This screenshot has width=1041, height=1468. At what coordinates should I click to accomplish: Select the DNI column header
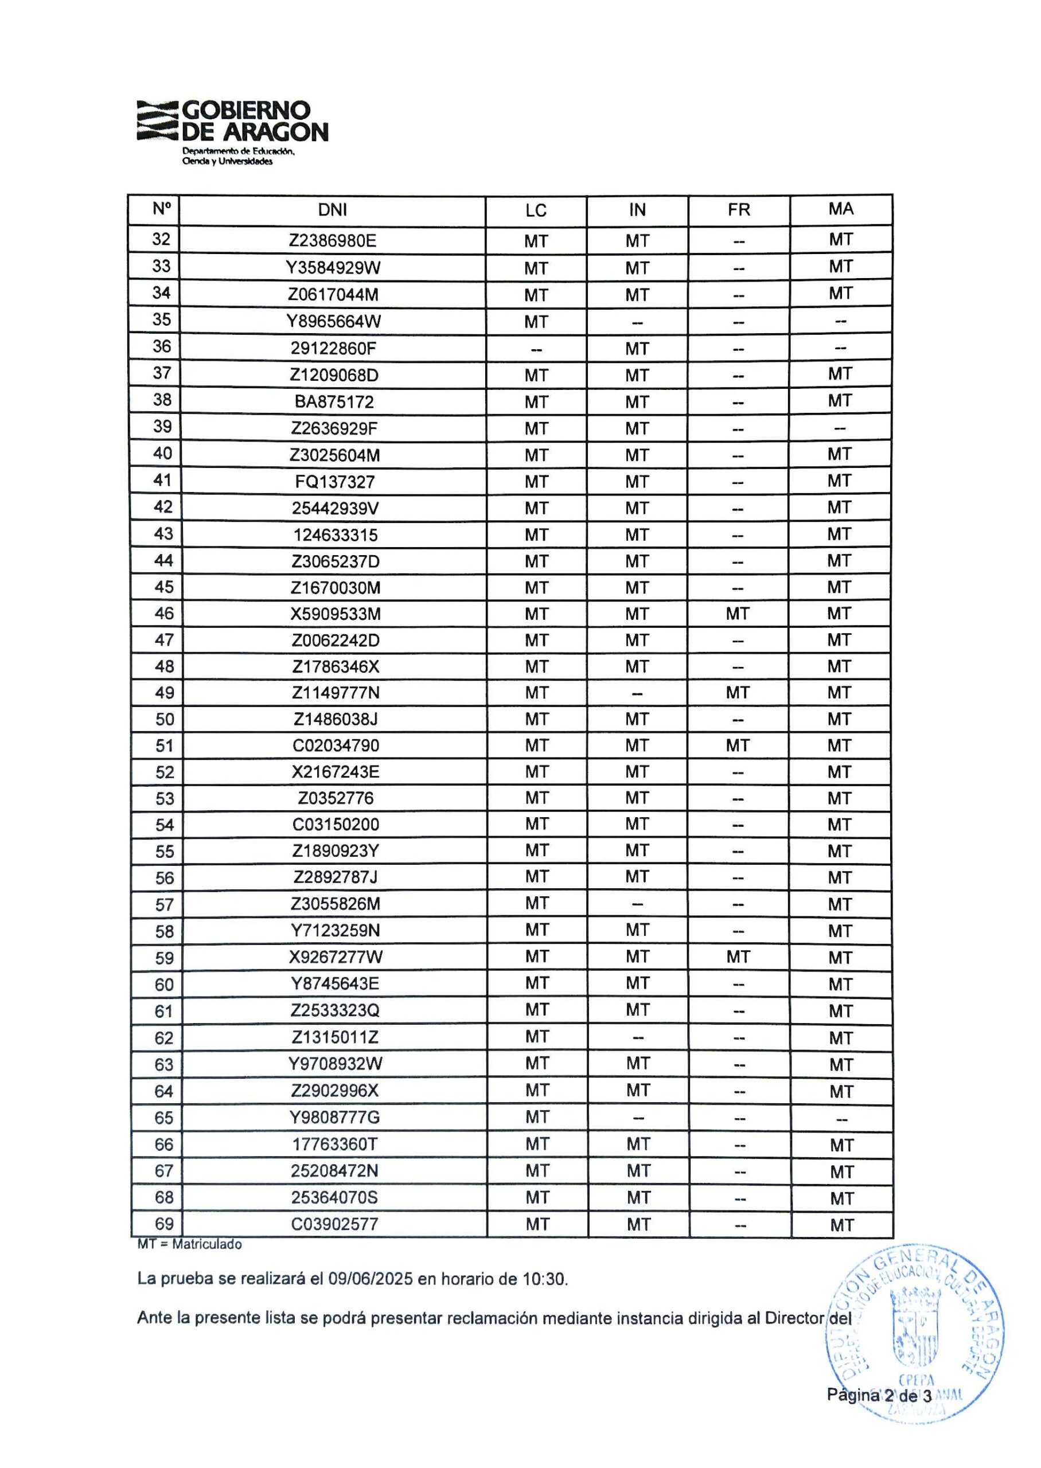(332, 210)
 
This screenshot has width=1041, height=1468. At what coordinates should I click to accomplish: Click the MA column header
(840, 209)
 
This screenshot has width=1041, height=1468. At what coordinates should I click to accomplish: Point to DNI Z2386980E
(332, 240)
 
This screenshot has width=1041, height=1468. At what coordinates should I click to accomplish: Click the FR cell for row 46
(738, 614)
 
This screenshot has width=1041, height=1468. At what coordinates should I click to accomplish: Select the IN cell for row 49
(637, 693)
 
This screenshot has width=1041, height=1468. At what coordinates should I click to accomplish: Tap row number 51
(165, 746)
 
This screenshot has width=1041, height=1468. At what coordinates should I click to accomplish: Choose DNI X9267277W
(336, 957)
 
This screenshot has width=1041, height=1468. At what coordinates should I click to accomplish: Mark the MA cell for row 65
(841, 1118)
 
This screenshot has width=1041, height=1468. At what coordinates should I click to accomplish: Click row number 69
(165, 1223)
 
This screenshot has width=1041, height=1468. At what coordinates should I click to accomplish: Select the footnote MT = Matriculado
(190, 1244)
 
